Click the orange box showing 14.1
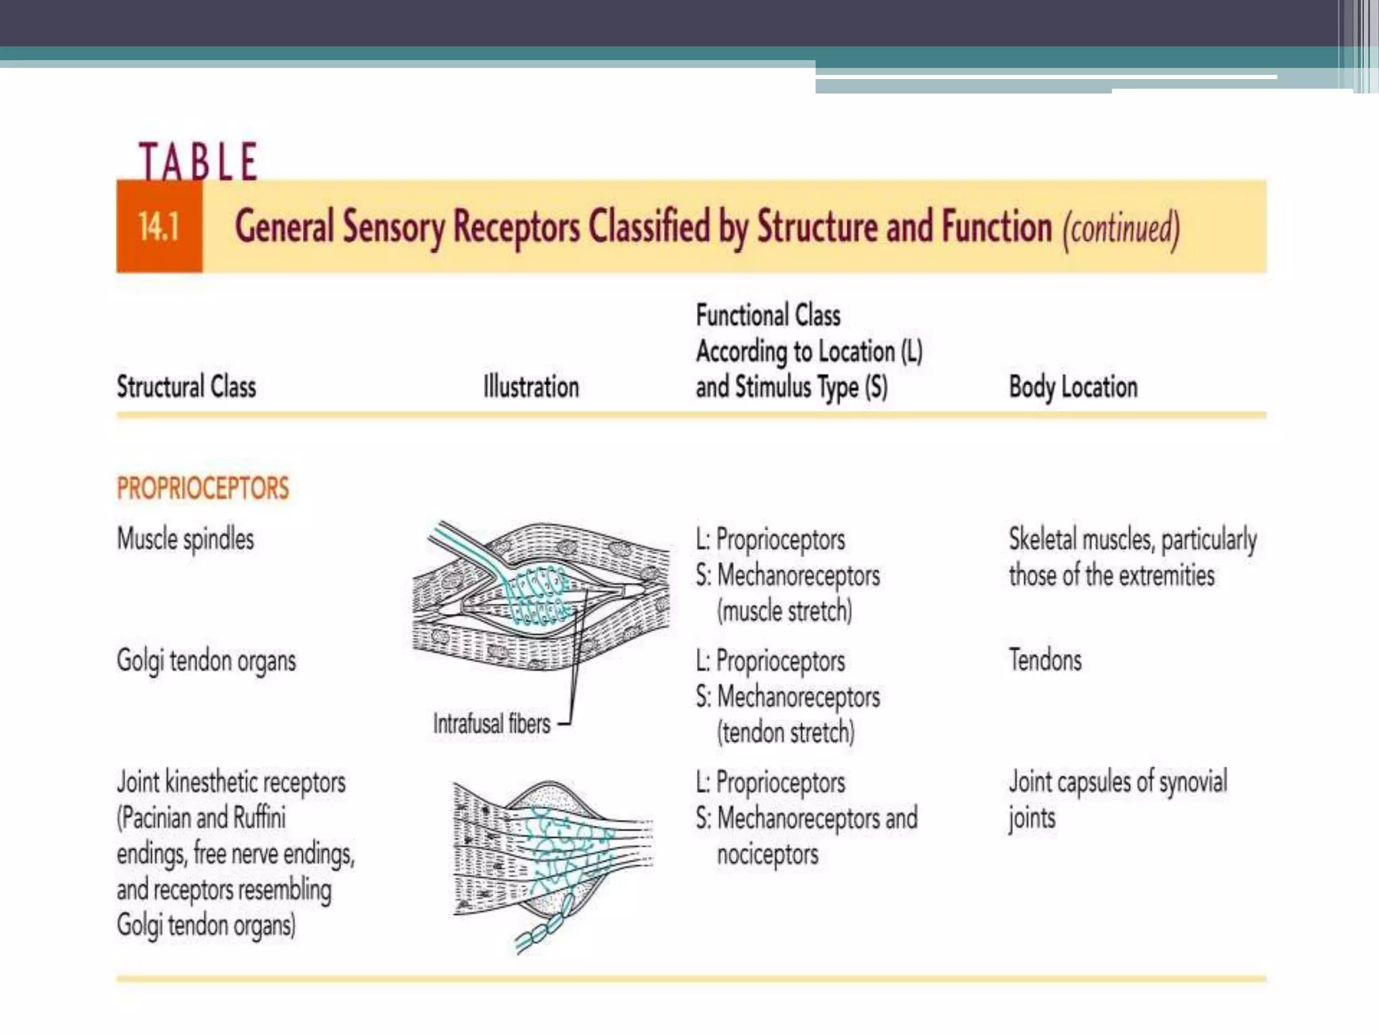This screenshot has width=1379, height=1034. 159,226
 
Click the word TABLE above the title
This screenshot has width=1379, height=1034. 198,162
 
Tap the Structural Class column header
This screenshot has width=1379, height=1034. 187,387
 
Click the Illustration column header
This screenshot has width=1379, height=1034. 531,387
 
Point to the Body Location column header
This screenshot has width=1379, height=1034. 1073,387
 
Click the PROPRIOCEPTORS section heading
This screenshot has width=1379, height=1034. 203,488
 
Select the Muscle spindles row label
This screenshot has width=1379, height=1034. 185,539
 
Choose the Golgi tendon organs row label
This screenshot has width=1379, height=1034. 206,661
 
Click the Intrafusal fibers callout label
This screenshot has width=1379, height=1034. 492,724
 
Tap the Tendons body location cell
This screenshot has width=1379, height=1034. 1045,660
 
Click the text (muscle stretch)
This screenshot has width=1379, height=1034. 784,611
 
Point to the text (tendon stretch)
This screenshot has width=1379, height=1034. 786,732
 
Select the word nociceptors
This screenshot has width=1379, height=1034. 768,855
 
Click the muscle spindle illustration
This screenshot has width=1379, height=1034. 541,596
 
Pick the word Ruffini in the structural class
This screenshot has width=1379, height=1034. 259,818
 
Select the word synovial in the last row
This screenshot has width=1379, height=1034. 1192,782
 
